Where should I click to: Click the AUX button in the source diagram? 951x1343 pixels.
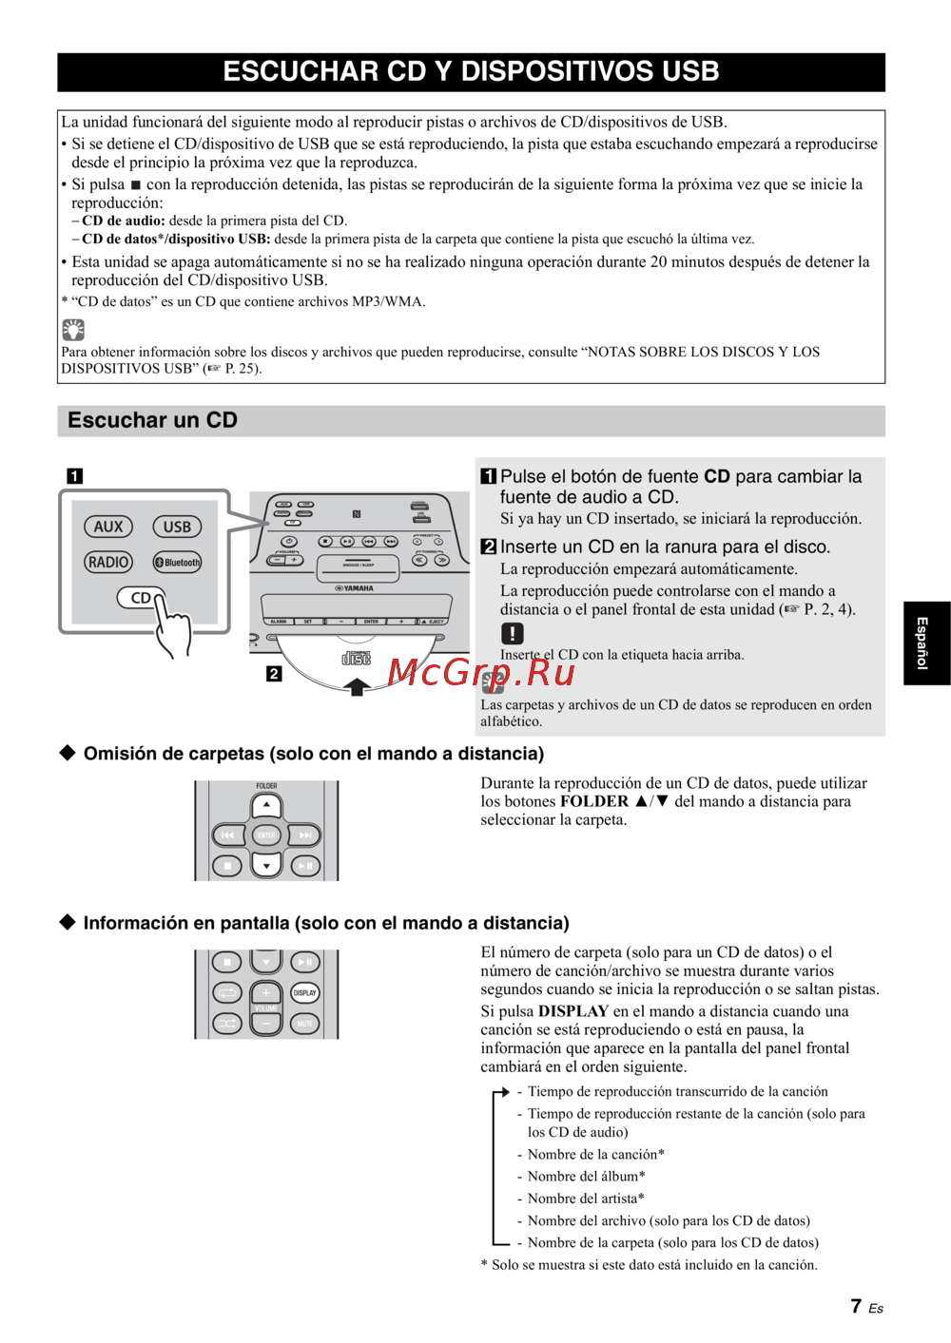108,527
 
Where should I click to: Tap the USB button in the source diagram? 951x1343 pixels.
177,527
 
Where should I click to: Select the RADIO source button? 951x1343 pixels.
108,562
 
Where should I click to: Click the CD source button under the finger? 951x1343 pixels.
140,598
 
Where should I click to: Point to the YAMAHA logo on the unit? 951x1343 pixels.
355,588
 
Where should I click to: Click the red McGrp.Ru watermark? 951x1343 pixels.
481,673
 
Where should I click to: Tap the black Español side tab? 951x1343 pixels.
925,643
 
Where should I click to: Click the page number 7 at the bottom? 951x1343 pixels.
856,1307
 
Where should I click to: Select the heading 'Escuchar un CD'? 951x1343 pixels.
152,420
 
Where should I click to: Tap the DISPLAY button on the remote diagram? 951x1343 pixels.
305,993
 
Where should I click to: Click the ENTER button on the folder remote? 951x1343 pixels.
266,835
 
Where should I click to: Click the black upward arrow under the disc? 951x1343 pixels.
357,686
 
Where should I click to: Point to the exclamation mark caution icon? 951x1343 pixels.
512,633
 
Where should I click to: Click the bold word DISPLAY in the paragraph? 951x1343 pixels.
573,1011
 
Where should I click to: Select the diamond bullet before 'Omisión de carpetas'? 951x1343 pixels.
68,753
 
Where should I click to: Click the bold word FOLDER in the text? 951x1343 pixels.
594,801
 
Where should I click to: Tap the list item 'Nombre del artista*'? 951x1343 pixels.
586,1199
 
